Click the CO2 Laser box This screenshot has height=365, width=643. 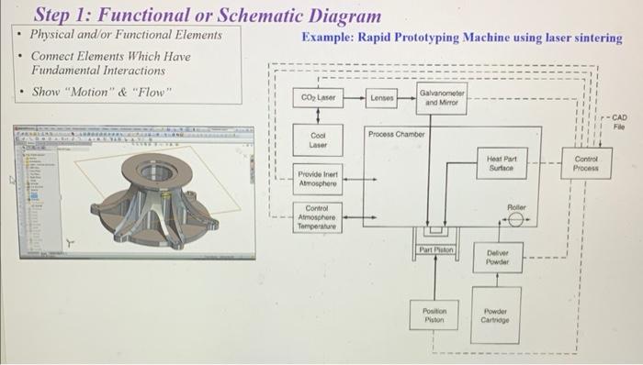[318, 96]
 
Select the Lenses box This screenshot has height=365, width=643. [381, 96]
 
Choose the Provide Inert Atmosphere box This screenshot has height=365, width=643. [318, 177]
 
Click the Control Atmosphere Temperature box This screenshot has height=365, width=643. [318, 217]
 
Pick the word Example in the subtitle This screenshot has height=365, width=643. [328, 38]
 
